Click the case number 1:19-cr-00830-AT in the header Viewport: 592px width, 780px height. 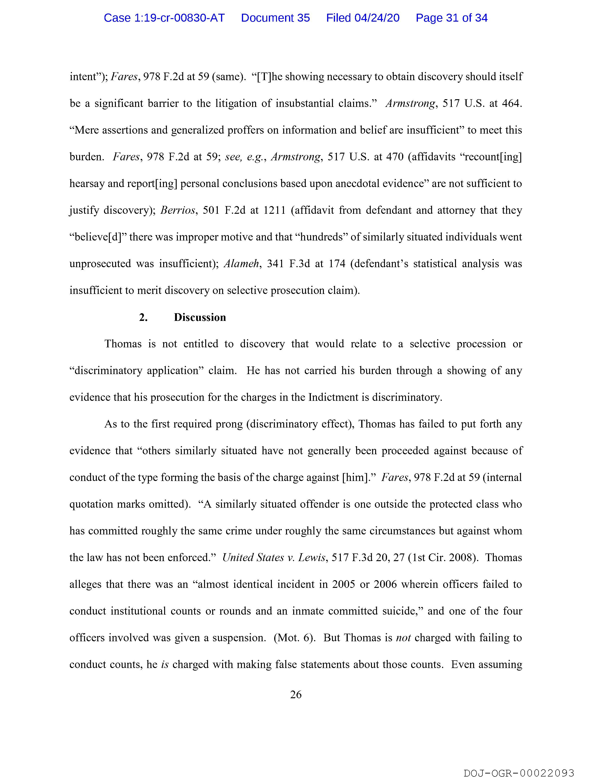click(164, 18)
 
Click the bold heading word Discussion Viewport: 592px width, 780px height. click(200, 317)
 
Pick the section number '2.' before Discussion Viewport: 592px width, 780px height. click(143, 317)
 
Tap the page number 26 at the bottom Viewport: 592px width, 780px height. click(296, 694)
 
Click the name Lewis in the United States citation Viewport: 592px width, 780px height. click(312, 557)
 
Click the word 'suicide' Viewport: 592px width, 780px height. click(403, 611)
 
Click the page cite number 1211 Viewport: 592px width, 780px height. click(274, 210)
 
